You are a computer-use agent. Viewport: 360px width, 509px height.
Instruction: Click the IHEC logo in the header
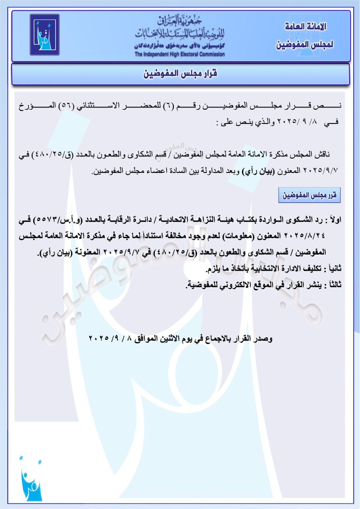44,34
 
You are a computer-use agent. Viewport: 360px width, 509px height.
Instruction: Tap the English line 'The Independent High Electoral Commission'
180,54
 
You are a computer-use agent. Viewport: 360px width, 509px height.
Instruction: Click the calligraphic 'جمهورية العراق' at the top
180,21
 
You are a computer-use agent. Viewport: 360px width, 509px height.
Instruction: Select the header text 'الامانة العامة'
305,27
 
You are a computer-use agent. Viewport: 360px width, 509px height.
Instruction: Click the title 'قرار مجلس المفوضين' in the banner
180,73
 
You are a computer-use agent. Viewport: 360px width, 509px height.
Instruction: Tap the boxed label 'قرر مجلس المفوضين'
309,195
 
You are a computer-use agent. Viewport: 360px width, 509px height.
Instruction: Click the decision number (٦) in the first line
168,106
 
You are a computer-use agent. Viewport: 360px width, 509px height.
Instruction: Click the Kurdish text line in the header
180,46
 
